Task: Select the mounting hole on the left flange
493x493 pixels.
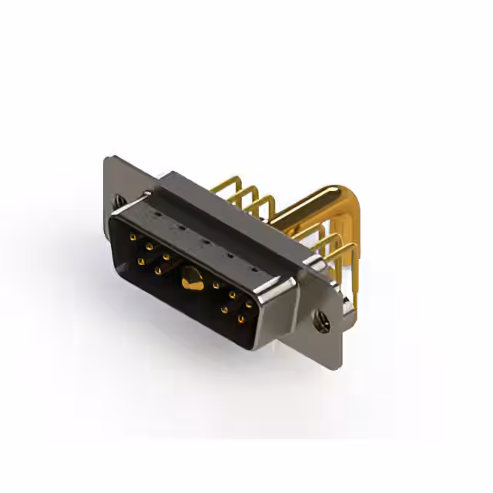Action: [x=119, y=201]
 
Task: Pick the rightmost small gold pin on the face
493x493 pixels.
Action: [x=249, y=304]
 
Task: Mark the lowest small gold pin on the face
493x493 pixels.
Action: [x=241, y=318]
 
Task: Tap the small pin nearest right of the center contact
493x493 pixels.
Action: [x=216, y=286]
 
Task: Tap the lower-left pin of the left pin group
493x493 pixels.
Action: [x=141, y=262]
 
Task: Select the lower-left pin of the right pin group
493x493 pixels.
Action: [x=224, y=310]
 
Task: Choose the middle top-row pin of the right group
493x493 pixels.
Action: [x=232, y=295]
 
